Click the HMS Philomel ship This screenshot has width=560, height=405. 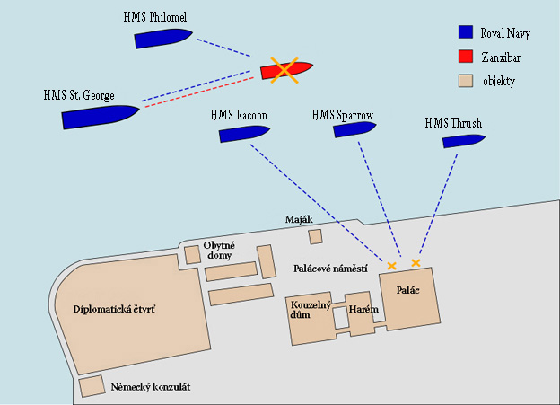(162, 39)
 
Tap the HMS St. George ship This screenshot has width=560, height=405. (100, 117)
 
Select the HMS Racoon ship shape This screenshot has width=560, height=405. (243, 134)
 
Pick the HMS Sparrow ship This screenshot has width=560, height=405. (354, 129)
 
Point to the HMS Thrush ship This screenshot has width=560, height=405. (463, 141)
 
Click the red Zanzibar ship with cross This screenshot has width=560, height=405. (286, 70)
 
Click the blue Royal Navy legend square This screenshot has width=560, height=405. (466, 32)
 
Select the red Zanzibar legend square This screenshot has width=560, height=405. (466, 57)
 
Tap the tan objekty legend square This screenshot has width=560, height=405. (466, 81)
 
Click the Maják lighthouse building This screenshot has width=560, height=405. (315, 237)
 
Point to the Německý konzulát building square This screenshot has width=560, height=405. (92, 386)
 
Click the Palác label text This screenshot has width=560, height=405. (407, 290)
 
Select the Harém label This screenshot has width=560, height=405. (363, 309)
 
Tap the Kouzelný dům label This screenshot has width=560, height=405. (311, 310)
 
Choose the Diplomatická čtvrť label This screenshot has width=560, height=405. (114, 309)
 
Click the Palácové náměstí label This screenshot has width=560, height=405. (330, 269)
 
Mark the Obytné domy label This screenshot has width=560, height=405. (219, 251)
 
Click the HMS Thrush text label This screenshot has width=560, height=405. (453, 123)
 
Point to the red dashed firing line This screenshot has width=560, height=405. (199, 92)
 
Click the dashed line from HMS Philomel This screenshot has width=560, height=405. (224, 48)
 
